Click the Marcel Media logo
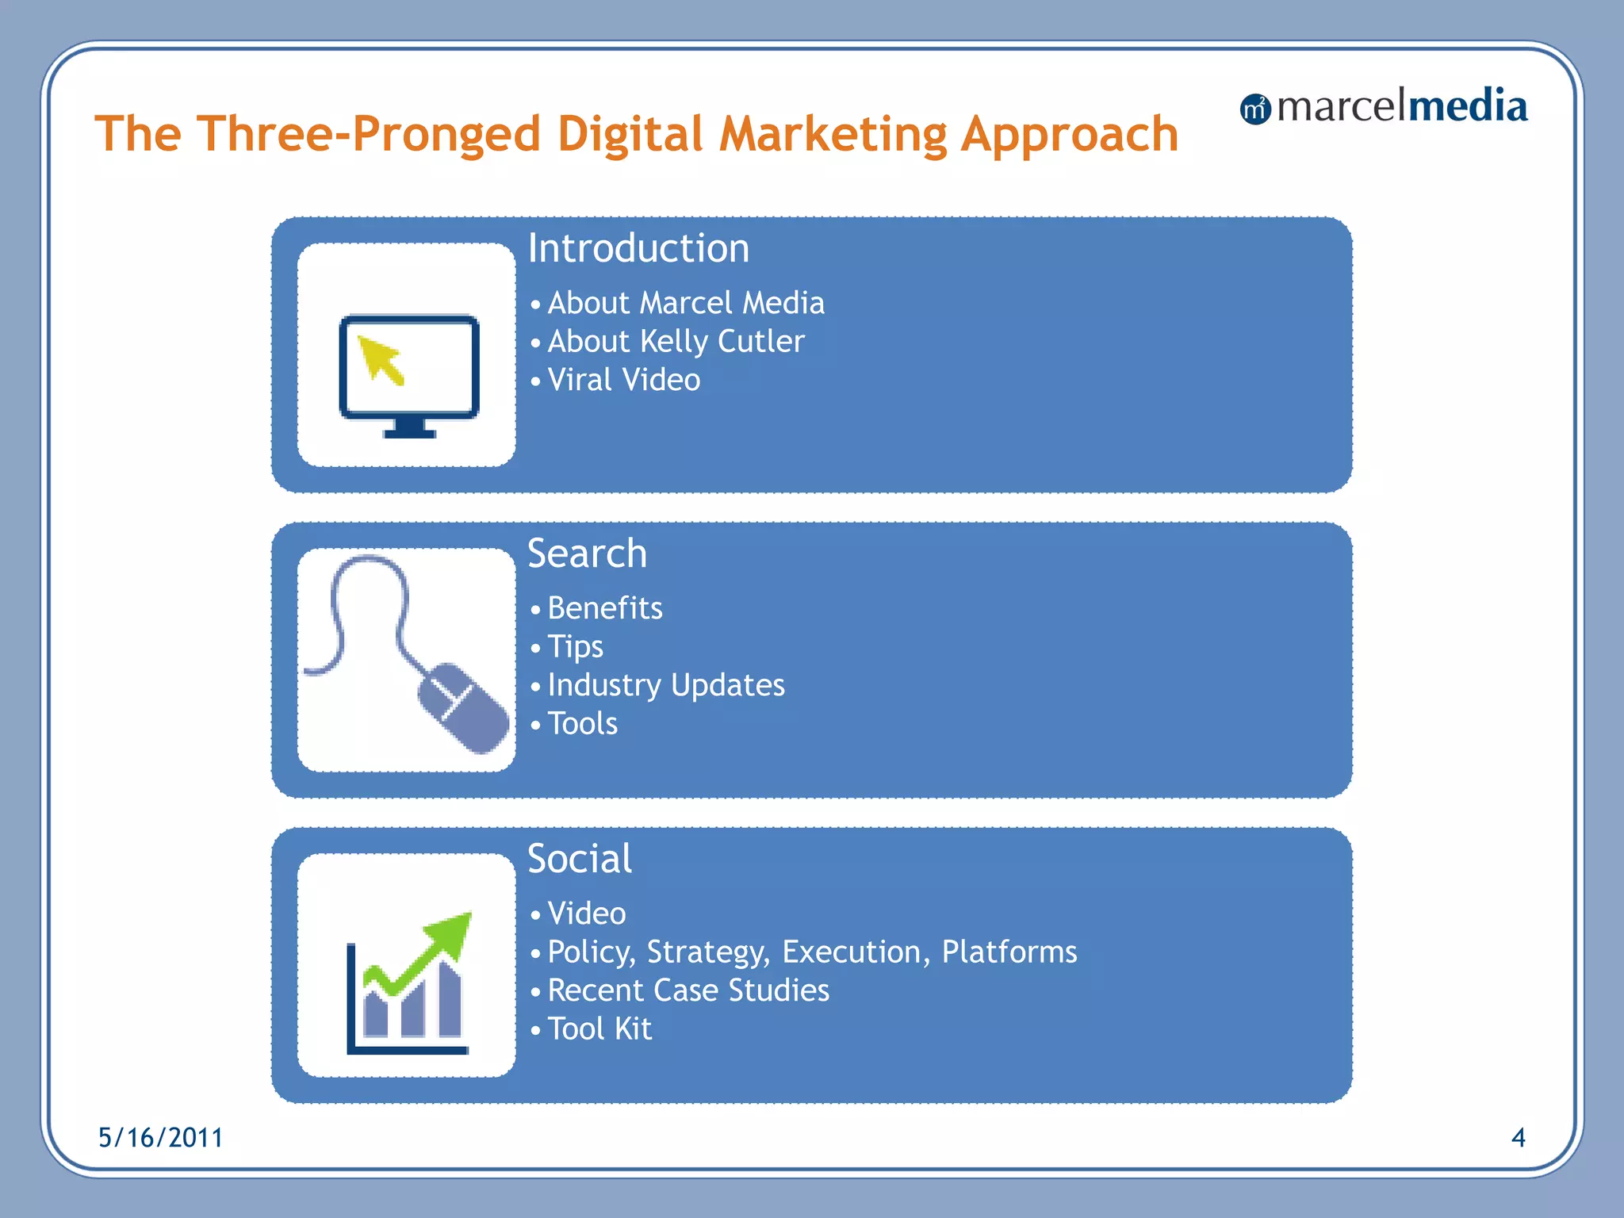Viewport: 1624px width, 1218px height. click(1384, 107)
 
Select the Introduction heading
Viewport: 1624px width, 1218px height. click(638, 248)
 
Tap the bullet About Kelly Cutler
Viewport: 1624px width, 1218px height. click(676, 342)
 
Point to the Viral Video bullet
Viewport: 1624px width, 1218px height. click(624, 381)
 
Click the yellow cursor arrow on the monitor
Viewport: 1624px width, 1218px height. click(379, 359)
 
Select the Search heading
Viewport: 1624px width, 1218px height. click(587, 553)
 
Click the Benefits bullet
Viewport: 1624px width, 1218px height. click(605, 608)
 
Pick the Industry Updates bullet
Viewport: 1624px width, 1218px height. click(666, 685)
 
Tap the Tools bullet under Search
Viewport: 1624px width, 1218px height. click(583, 724)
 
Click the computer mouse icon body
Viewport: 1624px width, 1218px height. click(465, 707)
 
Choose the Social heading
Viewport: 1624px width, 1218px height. click(580, 859)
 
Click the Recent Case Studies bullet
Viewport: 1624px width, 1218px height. click(688, 990)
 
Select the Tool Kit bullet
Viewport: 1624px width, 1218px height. click(599, 1029)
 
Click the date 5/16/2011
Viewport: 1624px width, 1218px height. click(160, 1138)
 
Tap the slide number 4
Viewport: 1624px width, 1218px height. click(1518, 1138)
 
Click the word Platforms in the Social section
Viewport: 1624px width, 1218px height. click(1009, 952)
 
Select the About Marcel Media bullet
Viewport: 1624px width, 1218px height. click(686, 303)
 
